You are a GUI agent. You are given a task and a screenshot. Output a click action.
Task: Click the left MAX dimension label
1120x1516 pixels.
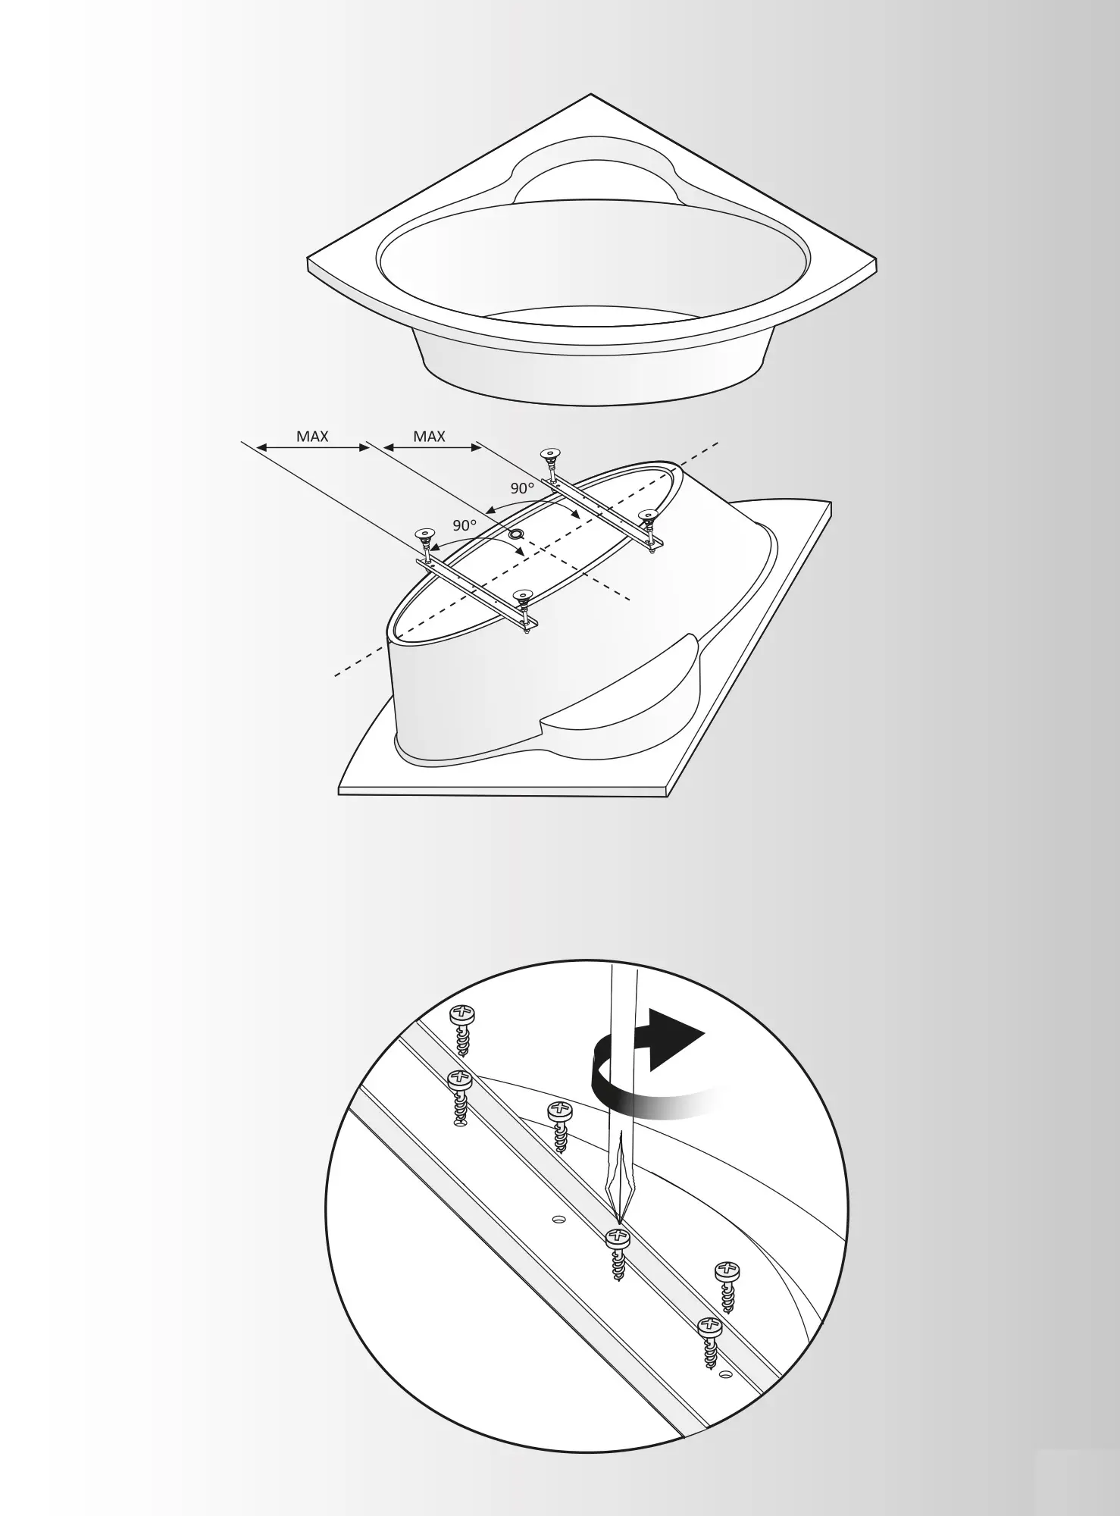pyautogui.click(x=312, y=437)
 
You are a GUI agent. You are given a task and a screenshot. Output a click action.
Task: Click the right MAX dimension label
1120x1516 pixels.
pyautogui.click(x=429, y=437)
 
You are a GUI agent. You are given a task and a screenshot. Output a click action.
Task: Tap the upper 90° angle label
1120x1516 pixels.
pyautogui.click(x=522, y=488)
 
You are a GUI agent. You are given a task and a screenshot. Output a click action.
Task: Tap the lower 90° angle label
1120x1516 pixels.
pyautogui.click(x=465, y=525)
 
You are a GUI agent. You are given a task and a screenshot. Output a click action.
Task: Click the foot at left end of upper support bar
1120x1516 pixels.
pyautogui.click(x=549, y=455)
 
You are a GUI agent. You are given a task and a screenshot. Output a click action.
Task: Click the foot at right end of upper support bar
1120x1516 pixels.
pyautogui.click(x=648, y=517)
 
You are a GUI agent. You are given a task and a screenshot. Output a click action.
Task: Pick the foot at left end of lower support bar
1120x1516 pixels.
pyautogui.click(x=424, y=536)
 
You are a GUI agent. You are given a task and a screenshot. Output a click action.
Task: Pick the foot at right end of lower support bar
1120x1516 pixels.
pyautogui.click(x=521, y=596)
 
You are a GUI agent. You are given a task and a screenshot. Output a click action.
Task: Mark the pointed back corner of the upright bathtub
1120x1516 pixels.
pyautogui.click(x=590, y=95)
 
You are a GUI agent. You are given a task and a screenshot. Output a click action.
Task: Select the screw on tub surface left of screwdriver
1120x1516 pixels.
pyautogui.click(x=559, y=1114)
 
